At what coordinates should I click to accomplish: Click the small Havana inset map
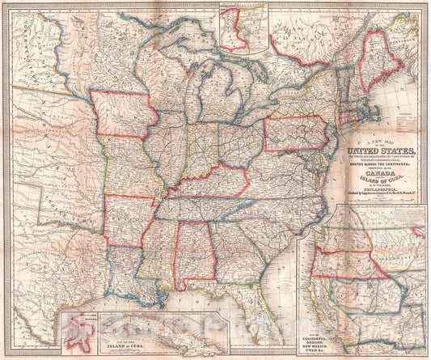pos(78,332)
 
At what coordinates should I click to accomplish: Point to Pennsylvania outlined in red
pos(295,133)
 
